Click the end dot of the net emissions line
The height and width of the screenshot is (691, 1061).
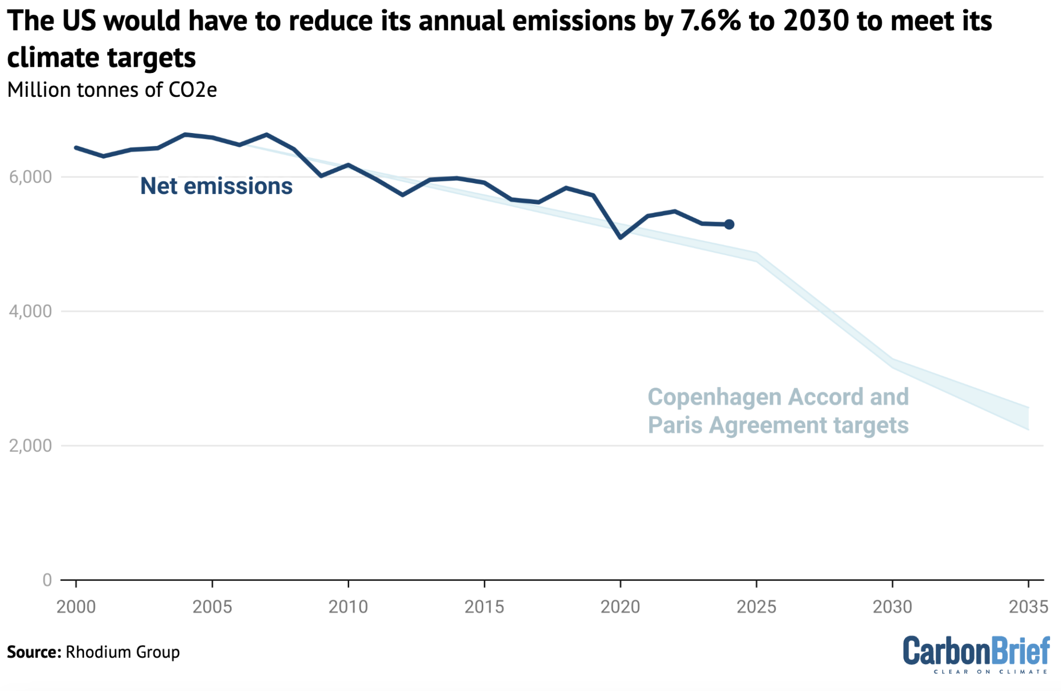pyautogui.click(x=729, y=224)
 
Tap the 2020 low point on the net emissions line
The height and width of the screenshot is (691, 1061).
pyautogui.click(x=620, y=237)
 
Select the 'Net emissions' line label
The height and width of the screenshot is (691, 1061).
pyautogui.click(x=216, y=186)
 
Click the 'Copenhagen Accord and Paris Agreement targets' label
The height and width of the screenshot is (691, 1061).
pyautogui.click(x=778, y=411)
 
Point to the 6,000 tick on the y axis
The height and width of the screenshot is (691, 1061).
pyautogui.click(x=31, y=177)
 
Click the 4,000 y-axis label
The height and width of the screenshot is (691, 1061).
pyautogui.click(x=31, y=311)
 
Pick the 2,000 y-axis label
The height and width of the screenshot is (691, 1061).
pyautogui.click(x=31, y=445)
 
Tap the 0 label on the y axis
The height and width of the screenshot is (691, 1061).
pyautogui.click(x=47, y=580)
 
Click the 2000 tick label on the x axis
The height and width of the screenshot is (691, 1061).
pyautogui.click(x=76, y=607)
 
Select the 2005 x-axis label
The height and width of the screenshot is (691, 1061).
pyautogui.click(x=212, y=607)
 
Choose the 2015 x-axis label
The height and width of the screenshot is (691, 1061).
pyautogui.click(x=484, y=607)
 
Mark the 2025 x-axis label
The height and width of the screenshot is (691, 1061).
pyautogui.click(x=756, y=607)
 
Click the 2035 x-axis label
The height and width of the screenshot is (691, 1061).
pyautogui.click(x=1028, y=607)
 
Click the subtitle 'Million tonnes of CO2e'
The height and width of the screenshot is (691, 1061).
pyautogui.click(x=112, y=90)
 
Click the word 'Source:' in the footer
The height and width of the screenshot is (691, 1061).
pyautogui.click(x=34, y=652)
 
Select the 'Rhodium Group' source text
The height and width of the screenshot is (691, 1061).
pyautogui.click(x=123, y=652)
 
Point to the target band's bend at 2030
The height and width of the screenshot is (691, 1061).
pyautogui.click(x=893, y=363)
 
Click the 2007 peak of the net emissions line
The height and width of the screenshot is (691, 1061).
pyautogui.click(x=266, y=135)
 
